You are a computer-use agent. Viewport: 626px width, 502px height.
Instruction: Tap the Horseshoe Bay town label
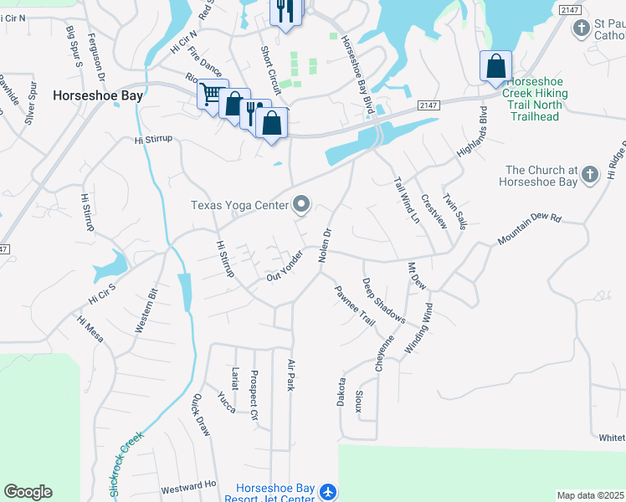(98, 95)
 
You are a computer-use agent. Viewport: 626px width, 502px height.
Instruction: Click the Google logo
(28, 492)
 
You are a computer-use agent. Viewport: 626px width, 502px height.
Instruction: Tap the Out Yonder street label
(285, 266)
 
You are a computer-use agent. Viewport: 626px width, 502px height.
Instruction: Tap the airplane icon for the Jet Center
(327, 492)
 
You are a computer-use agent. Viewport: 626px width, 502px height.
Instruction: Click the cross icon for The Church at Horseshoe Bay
(591, 174)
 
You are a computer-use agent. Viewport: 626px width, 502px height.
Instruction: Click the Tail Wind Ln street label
(407, 201)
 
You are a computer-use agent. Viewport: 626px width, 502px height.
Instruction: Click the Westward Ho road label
(188, 485)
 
